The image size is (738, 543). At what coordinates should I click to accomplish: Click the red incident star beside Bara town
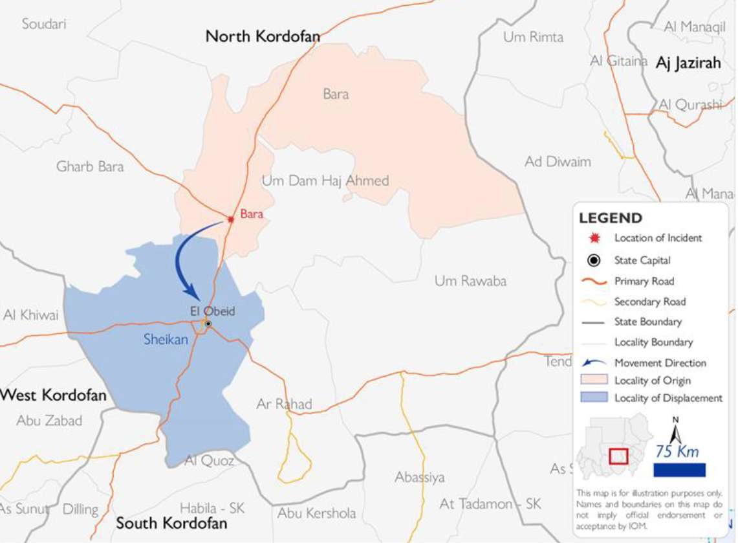[x=230, y=219]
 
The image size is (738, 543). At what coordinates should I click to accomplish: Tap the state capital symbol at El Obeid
[x=208, y=324]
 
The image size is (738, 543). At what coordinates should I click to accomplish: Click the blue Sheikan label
[x=166, y=337]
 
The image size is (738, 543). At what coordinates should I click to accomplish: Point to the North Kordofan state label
[x=263, y=36]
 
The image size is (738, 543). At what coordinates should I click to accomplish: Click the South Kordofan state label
[x=171, y=523]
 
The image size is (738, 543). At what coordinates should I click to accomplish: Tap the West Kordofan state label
[x=53, y=395]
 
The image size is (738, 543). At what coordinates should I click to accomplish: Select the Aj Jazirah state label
[x=688, y=63]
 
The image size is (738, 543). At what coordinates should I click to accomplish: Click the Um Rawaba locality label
[x=470, y=281]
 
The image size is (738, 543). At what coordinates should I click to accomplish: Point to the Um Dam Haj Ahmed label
[x=325, y=181]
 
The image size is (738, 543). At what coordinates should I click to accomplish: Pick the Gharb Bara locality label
[x=90, y=166]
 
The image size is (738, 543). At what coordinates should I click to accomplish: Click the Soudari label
[x=44, y=24]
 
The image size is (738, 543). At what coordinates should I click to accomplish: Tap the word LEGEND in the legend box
[x=610, y=217]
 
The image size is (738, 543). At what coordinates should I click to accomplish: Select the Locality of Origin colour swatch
[x=594, y=380]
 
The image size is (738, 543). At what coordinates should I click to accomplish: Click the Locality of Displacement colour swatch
[x=594, y=397]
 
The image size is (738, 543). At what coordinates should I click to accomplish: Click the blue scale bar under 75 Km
[x=679, y=470]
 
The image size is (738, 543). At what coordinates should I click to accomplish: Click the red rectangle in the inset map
[x=619, y=456]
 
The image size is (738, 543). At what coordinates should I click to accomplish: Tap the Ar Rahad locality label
[x=284, y=404]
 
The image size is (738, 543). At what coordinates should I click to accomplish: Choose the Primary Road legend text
[x=644, y=281]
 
